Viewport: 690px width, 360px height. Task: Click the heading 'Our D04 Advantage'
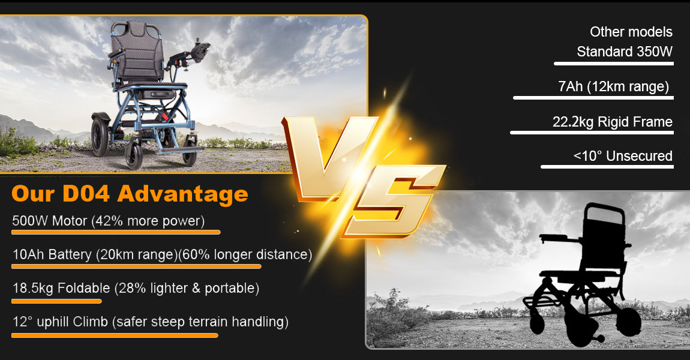(x=130, y=194)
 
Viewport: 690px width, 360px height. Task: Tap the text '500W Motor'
(x=49, y=220)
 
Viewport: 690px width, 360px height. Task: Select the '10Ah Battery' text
(x=52, y=254)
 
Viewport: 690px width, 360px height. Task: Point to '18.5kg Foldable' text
(x=61, y=288)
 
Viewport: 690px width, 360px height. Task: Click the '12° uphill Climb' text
(x=60, y=321)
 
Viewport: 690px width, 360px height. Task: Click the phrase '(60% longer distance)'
(x=245, y=254)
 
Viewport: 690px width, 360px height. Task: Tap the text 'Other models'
(x=631, y=32)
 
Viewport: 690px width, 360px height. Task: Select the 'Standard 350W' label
(x=625, y=52)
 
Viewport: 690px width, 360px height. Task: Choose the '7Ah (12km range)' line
(x=613, y=86)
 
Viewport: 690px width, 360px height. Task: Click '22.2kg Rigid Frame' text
(x=613, y=121)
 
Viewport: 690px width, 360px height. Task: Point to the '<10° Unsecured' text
(x=623, y=156)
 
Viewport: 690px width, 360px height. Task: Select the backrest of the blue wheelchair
(x=136, y=52)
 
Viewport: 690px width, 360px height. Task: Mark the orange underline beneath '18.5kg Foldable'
(x=56, y=301)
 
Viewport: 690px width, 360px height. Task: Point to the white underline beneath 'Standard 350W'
(x=613, y=64)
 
